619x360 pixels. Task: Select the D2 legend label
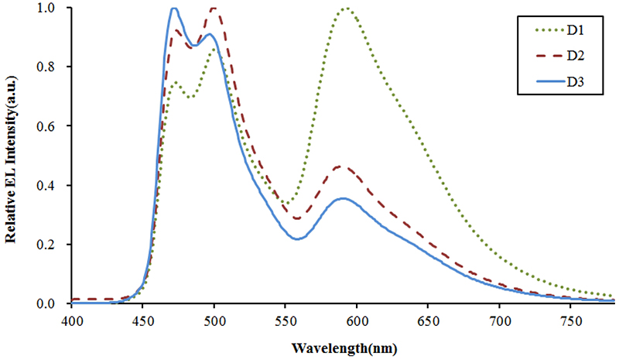pos(574,56)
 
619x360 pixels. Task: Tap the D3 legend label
pos(574,82)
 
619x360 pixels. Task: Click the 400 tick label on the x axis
pos(71,317)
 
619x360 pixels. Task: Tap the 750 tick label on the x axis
pos(570,317)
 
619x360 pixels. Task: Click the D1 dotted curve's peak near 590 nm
pos(346,9)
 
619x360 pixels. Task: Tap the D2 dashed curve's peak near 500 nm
pos(214,9)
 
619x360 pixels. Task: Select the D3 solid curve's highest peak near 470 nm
pos(174,9)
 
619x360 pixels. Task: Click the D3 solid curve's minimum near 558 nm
pos(297,238)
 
